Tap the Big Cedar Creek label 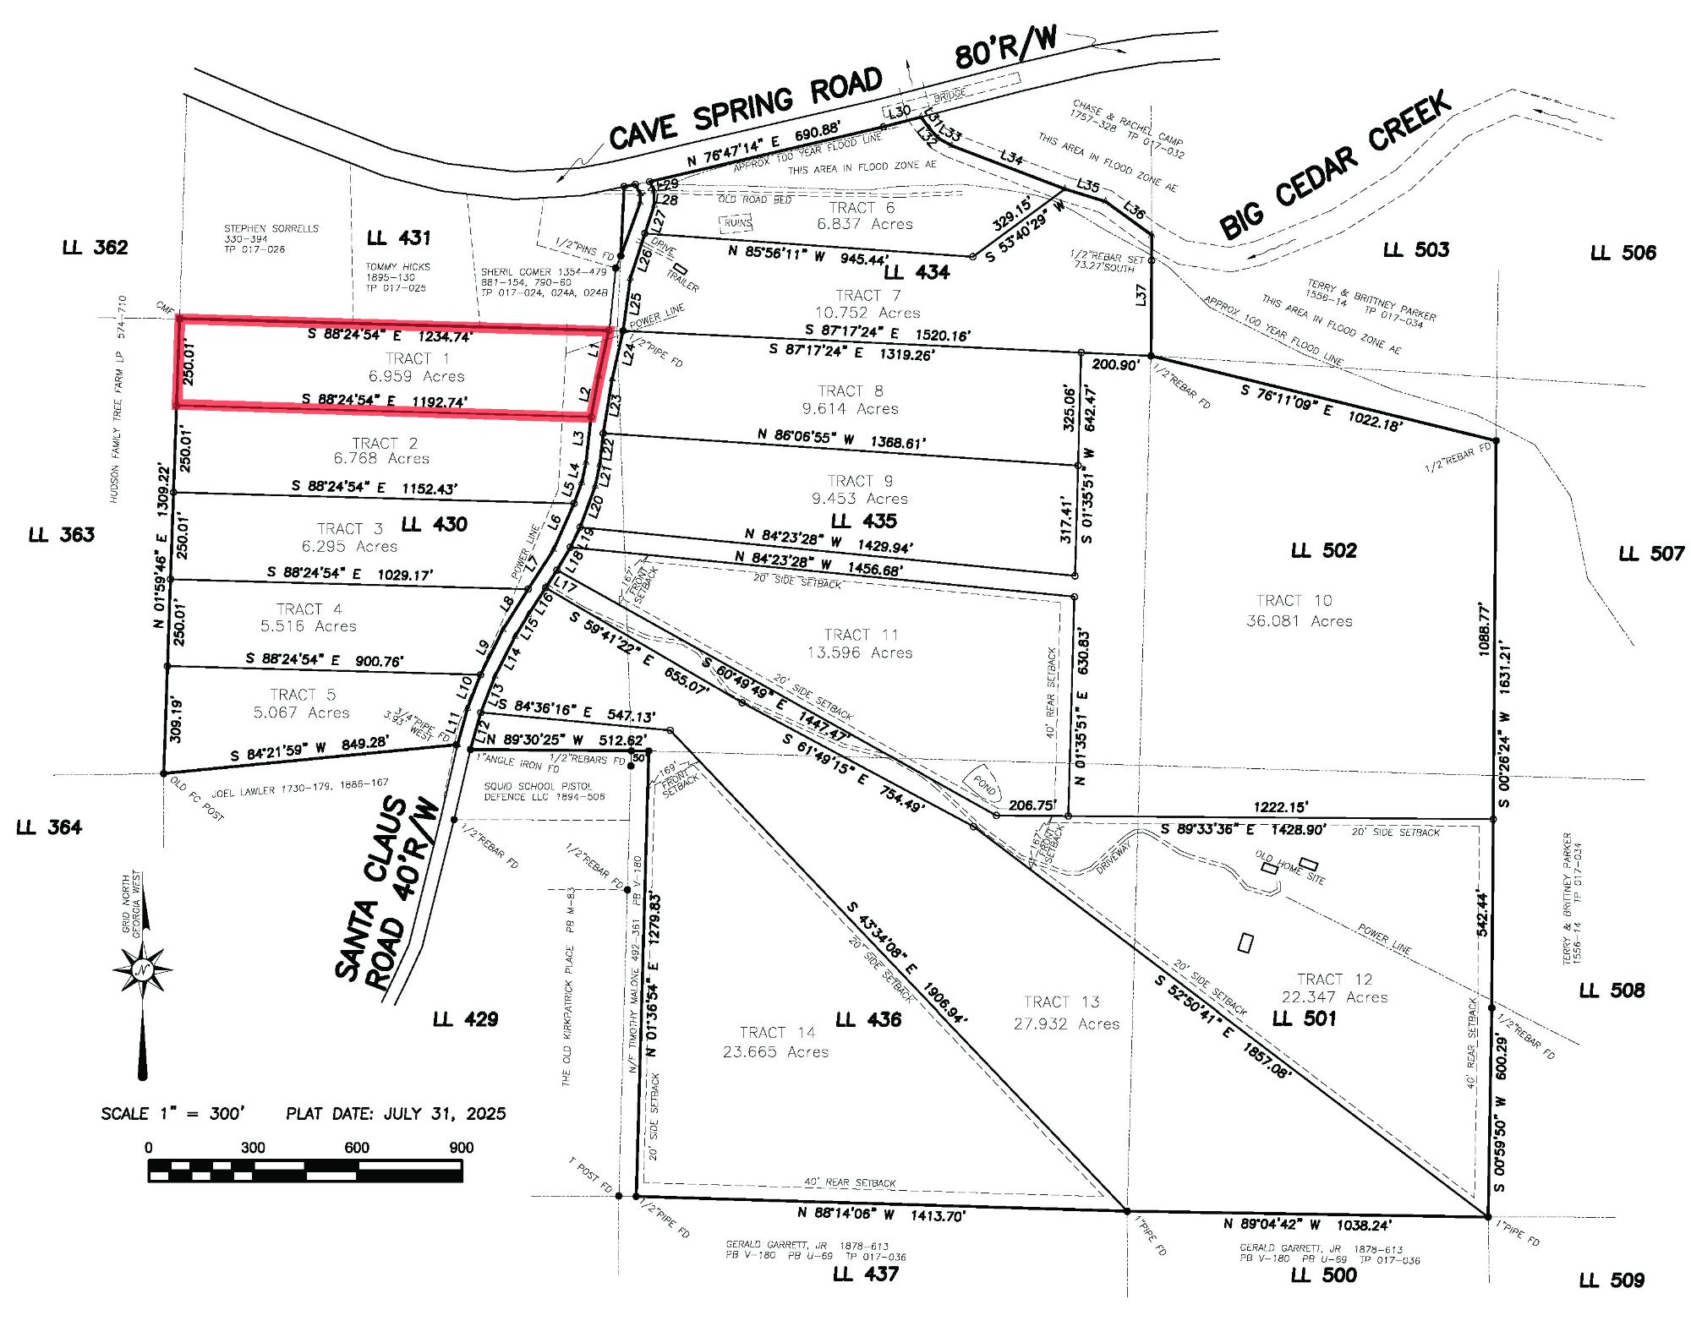pos(1336,164)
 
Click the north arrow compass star pos(142,969)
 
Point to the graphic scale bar pos(304,1171)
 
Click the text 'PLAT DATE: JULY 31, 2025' pos(396,1114)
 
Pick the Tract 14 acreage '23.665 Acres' pos(775,1052)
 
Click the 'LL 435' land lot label pos(863,521)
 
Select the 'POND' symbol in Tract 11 pos(984,785)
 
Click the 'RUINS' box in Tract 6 pos(736,223)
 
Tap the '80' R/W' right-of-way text pos(1005,47)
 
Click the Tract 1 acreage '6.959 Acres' pos(416,376)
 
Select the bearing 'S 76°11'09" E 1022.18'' pos(1322,407)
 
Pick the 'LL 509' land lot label pos(1612,1280)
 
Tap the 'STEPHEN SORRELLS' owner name pos(271,229)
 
